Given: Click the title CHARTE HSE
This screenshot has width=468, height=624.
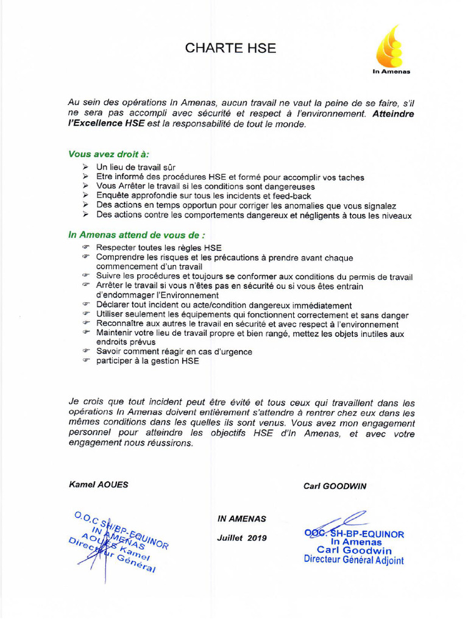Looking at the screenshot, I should (x=231, y=49).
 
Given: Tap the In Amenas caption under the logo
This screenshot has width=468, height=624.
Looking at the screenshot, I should (x=391, y=72).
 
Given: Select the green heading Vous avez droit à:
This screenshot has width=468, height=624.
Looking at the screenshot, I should (x=108, y=154).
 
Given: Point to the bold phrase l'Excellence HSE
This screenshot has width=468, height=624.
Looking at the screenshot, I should (x=106, y=124).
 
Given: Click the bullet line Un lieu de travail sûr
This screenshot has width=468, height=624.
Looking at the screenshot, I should (x=136, y=167).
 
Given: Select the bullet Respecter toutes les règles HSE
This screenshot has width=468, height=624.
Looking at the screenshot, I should (x=159, y=248).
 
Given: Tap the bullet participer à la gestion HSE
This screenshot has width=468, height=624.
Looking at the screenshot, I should (x=147, y=361).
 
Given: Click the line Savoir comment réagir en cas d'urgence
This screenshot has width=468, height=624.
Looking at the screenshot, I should (x=174, y=352).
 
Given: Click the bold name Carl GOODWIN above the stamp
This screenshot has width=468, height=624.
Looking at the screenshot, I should (x=335, y=486).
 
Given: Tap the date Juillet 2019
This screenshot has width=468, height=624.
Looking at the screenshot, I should (x=242, y=538).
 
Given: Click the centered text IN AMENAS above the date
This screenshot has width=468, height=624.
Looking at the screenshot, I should (x=242, y=519).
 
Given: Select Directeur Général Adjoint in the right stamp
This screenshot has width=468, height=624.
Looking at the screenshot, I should (x=353, y=560).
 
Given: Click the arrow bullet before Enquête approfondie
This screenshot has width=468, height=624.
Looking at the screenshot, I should (x=86, y=196).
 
